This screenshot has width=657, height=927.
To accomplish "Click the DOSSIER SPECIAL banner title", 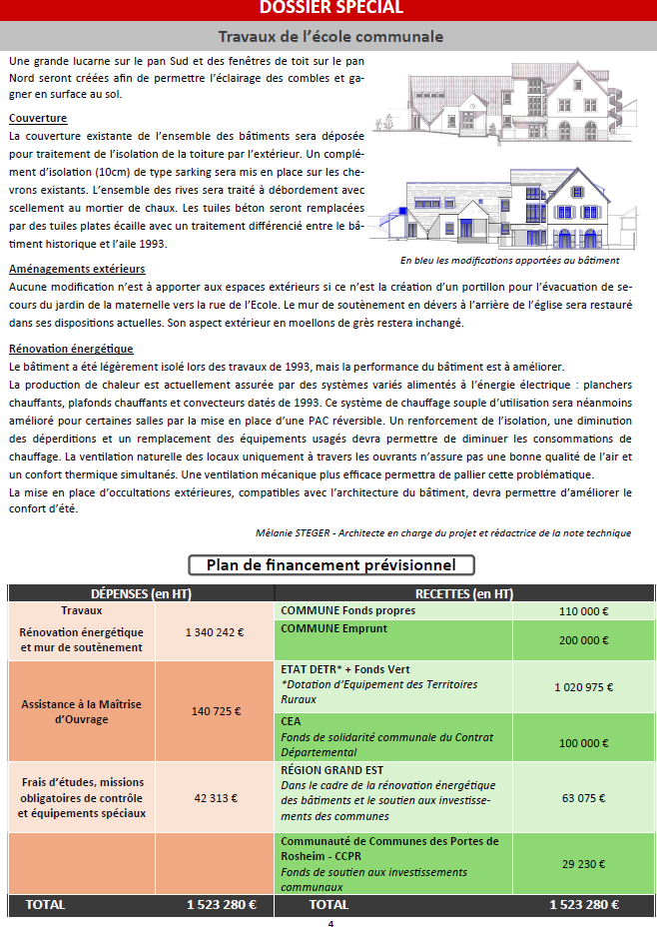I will click(x=330, y=8).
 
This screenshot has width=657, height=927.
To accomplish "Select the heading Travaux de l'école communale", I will click(x=330, y=37).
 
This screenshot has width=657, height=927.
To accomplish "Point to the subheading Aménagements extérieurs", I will click(x=77, y=269).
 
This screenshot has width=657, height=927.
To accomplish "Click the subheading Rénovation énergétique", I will click(x=71, y=349).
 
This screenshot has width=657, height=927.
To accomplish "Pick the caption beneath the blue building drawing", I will click(x=509, y=260).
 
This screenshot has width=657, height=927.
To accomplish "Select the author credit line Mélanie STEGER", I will click(x=443, y=532).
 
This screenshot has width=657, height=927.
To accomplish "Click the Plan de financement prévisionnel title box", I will click(x=330, y=565).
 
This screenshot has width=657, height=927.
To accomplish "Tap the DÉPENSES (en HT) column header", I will click(x=141, y=593).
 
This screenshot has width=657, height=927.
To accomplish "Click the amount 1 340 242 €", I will click(x=214, y=632).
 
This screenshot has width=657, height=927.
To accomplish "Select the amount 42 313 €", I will click(x=214, y=798).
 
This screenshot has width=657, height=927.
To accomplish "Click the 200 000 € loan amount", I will click(x=584, y=640).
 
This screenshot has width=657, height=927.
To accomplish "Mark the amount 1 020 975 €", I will click(x=584, y=687).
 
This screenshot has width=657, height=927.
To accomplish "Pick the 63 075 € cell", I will click(x=584, y=798).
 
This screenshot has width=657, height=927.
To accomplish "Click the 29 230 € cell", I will click(x=584, y=863).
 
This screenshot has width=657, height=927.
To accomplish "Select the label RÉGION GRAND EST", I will click(x=332, y=771).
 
